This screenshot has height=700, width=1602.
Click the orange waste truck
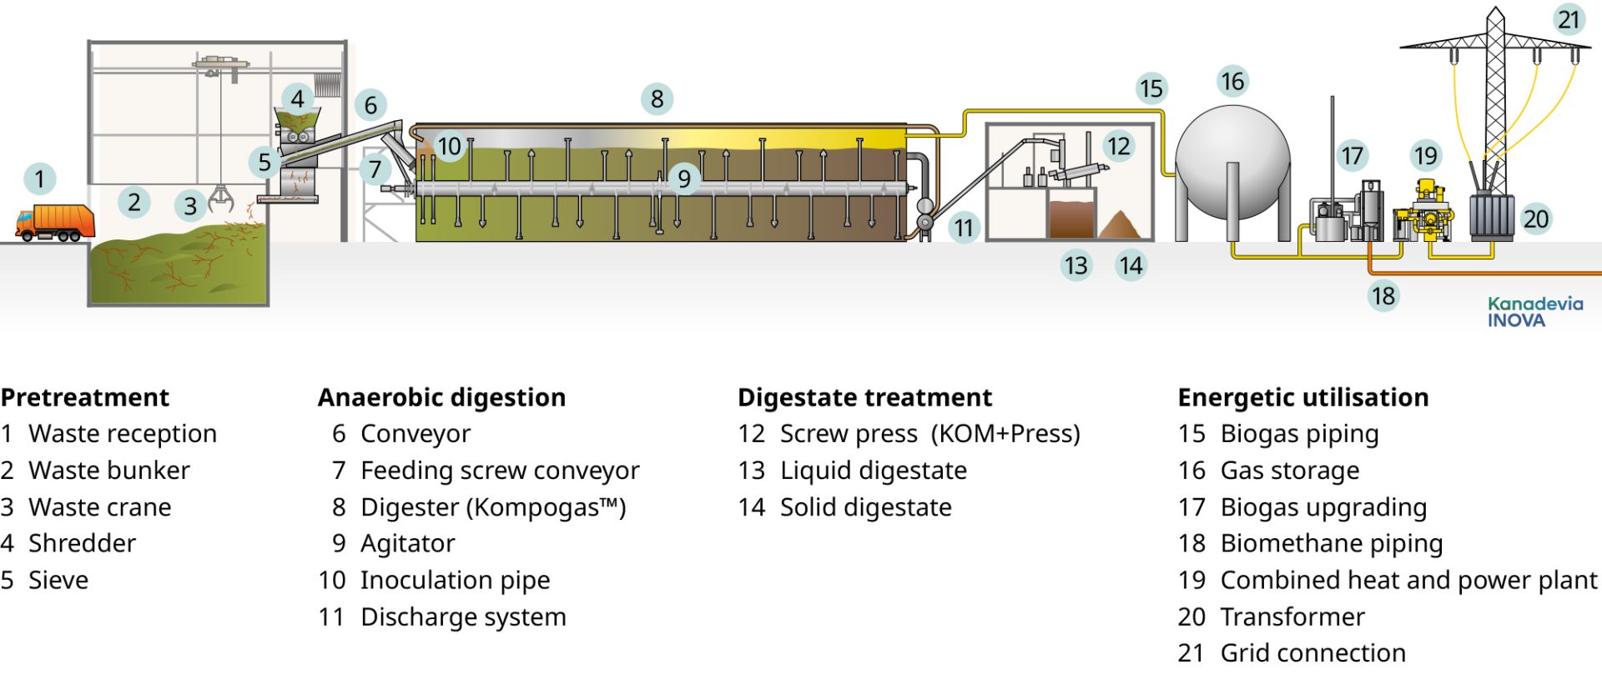click(55, 223)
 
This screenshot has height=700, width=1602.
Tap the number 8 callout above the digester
click(657, 99)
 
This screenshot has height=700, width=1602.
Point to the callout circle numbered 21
click(1569, 19)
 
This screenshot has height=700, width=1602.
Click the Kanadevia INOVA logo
click(1534, 312)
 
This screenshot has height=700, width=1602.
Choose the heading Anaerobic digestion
click(441, 398)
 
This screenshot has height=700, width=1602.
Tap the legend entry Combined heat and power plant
click(1408, 580)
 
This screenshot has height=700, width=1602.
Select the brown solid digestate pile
click(1120, 227)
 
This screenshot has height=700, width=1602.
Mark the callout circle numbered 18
click(1383, 295)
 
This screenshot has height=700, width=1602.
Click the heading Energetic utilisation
click(1302, 398)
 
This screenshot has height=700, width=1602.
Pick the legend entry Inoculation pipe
click(455, 580)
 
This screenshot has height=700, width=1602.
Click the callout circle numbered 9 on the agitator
click(683, 178)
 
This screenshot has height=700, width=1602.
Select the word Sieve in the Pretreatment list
click(58, 580)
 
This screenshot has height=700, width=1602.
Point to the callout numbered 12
click(1118, 146)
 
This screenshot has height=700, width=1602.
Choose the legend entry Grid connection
click(1312, 653)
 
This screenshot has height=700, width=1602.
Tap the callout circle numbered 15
click(1151, 88)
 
